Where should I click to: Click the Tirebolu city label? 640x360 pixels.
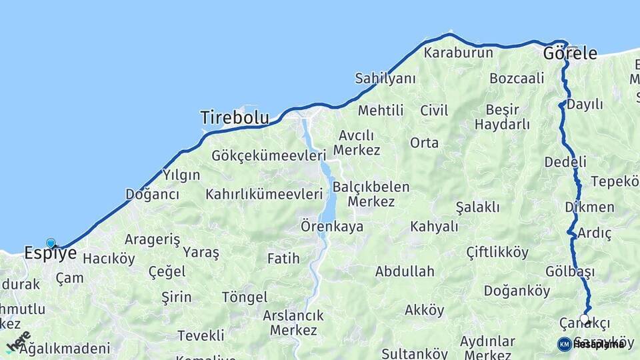click(235, 118)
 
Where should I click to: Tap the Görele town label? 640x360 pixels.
click(570, 53)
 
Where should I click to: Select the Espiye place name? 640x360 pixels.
click(50, 253)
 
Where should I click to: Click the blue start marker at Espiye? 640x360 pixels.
click(51, 243)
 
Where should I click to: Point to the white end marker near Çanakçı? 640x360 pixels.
click(585, 319)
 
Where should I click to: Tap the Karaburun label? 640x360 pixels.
click(458, 53)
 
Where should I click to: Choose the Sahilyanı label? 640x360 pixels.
click(385, 79)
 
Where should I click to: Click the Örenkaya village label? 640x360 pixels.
click(332, 227)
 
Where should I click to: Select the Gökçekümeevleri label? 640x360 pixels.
click(268, 155)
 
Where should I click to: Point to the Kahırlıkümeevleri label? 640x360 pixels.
click(264, 195)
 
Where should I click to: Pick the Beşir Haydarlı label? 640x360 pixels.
click(502, 117)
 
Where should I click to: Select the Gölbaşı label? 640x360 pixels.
click(569, 271)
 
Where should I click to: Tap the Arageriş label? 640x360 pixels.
click(152, 239)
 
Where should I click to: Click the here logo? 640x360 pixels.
click(18, 341)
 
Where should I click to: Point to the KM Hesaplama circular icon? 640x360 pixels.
click(564, 344)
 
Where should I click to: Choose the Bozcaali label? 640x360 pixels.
click(517, 79)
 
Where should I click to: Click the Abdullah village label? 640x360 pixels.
click(405, 271)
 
